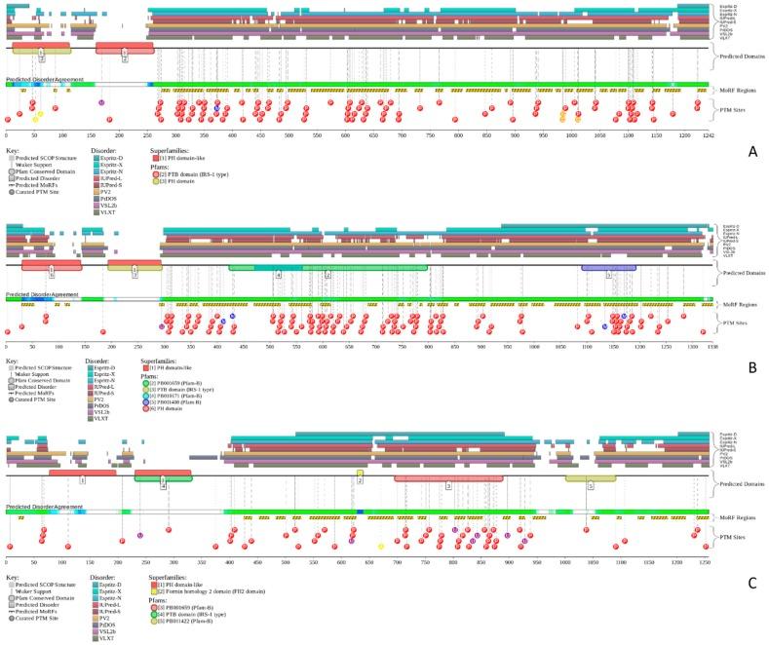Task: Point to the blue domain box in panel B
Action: click(x=608, y=266)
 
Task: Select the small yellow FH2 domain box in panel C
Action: click(x=360, y=474)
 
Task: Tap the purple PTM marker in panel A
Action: click(x=100, y=102)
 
